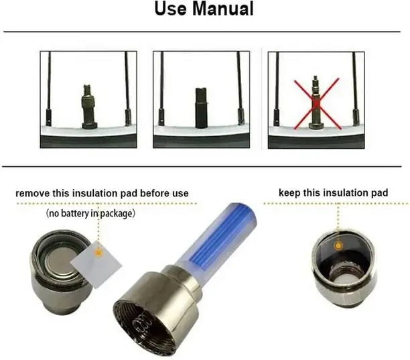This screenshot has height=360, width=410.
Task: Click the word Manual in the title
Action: pyautogui.click(x=222, y=10)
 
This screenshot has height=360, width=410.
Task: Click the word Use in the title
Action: pyautogui.click(x=173, y=10)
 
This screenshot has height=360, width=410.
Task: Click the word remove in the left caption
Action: pyautogui.click(x=33, y=194)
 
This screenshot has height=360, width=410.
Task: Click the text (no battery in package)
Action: pyautogui.click(x=91, y=214)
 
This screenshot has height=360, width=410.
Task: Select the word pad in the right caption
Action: pyautogui.click(x=379, y=193)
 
